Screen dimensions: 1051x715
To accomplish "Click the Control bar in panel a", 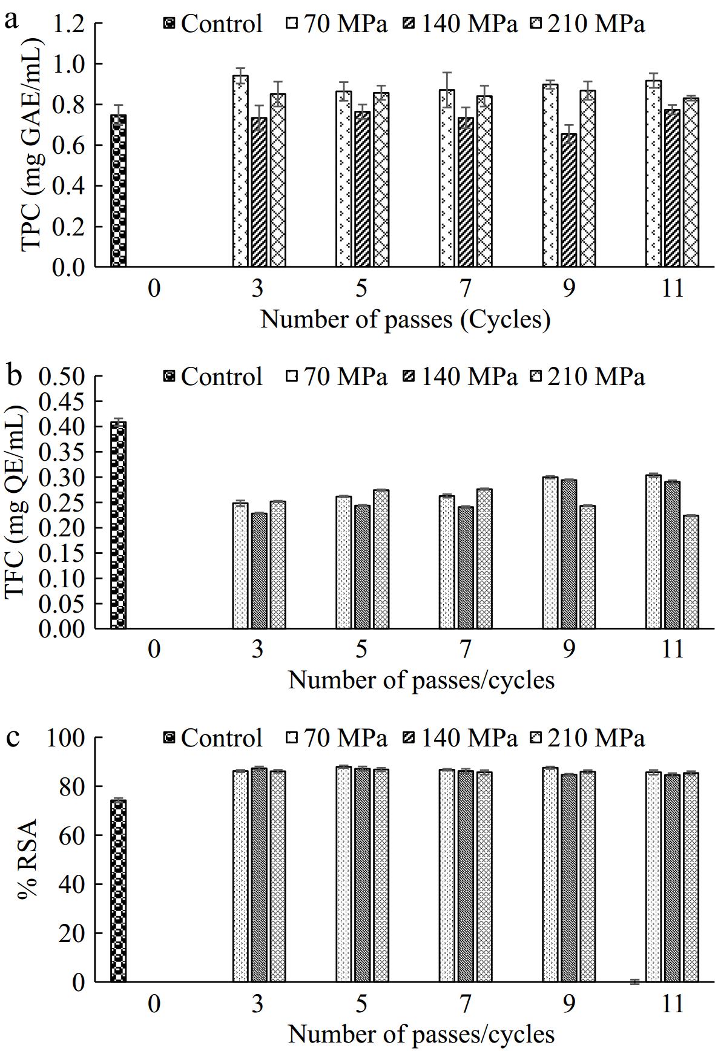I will (x=119, y=191).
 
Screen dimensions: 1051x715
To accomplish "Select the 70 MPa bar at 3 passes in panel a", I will (x=240, y=171).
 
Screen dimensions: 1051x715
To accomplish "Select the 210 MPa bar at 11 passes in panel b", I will (x=691, y=572).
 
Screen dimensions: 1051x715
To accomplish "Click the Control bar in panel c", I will (x=119, y=891).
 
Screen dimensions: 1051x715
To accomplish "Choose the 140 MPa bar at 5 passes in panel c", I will (x=362, y=875).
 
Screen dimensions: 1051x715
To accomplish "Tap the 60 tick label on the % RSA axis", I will (x=71, y=835).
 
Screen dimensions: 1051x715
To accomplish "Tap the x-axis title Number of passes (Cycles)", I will (x=405, y=319).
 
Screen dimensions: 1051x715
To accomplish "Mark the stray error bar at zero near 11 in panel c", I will (x=634, y=981).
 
